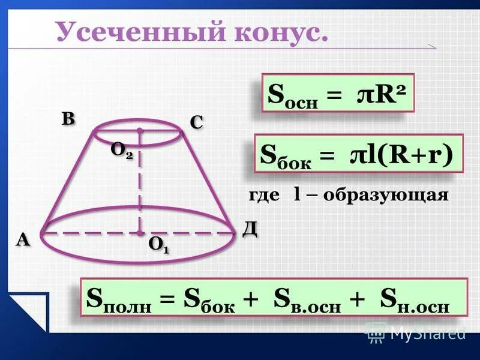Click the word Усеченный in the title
pos(129,31)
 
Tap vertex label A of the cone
pos(23,240)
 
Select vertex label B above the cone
pos(68,118)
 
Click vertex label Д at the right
pos(250,229)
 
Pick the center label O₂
pos(121,150)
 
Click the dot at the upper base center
pos(139,130)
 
